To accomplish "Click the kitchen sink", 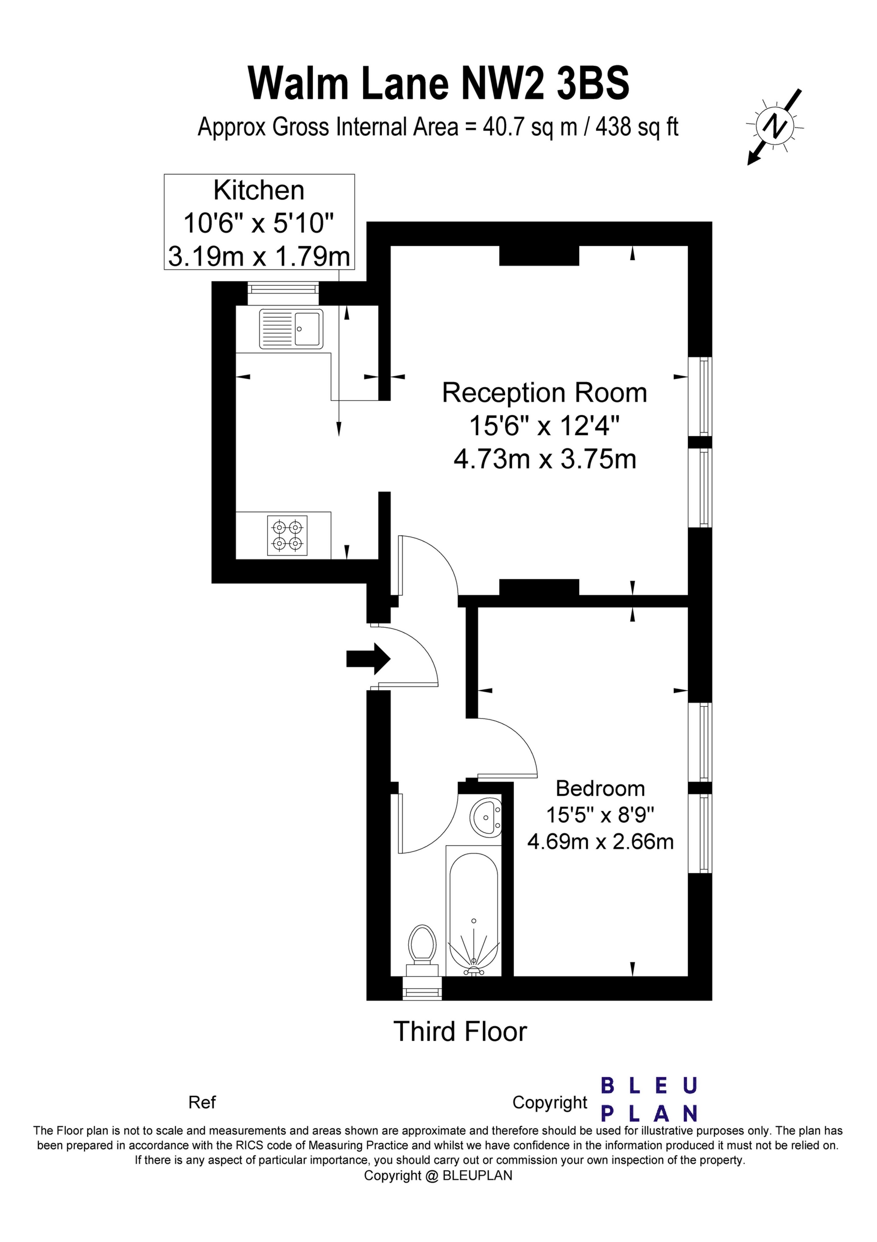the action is [291, 328].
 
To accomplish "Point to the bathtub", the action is [474, 912].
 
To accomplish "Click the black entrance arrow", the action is [368, 658].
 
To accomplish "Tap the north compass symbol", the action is [775, 127].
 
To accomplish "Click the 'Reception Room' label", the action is [544, 392].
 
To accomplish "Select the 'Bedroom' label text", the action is [600, 788].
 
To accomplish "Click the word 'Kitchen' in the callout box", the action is [259, 191].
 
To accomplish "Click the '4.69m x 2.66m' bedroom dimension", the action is [600, 841].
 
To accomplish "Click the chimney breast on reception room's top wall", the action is [539, 256].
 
